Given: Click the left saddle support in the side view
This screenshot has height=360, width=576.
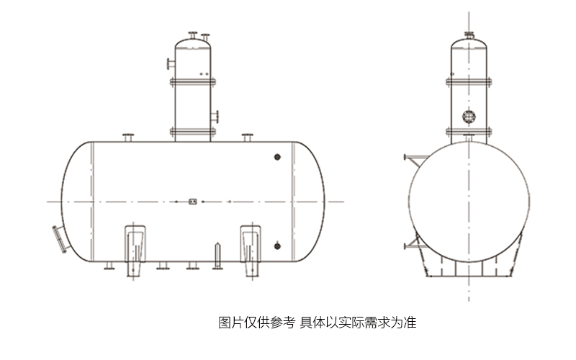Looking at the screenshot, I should (x=135, y=249).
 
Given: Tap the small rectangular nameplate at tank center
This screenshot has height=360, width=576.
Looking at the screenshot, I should (x=192, y=202).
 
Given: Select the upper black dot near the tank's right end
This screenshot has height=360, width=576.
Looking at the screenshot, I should (x=277, y=158).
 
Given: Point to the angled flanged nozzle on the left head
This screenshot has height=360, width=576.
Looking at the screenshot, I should (x=60, y=239).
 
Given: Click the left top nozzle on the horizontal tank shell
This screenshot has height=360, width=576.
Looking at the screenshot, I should (x=128, y=138).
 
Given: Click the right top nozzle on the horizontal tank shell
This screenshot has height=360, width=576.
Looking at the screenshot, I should (x=247, y=138).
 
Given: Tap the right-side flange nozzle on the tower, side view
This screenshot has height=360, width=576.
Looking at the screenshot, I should (x=215, y=115).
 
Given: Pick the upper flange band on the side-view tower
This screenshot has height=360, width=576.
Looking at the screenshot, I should (x=192, y=79).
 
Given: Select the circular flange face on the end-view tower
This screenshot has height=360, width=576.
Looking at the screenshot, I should (x=469, y=114).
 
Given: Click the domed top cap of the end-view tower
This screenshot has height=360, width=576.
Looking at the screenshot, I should (x=469, y=45).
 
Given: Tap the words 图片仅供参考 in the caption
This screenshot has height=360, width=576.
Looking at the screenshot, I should (x=256, y=322).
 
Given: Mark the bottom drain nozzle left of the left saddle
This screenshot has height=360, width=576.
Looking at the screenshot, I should (x=109, y=267).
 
